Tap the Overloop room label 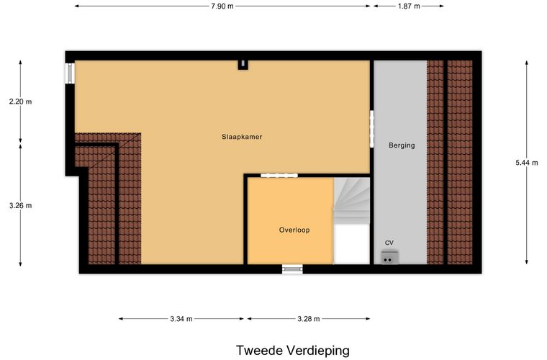(x=294, y=230)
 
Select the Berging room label (x=402, y=145)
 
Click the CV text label (x=389, y=243)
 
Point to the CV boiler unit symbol (x=389, y=257)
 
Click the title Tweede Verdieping (x=292, y=351)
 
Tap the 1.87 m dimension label (x=408, y=6)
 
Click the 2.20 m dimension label (x=20, y=102)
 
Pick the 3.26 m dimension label (x=20, y=205)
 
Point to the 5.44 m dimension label (x=526, y=163)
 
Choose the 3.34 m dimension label (x=182, y=319)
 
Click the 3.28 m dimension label (x=307, y=319)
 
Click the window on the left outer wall (x=71, y=73)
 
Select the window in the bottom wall (x=292, y=269)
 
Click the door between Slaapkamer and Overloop (x=279, y=175)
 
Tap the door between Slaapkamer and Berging (x=371, y=127)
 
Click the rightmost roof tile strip (x=460, y=162)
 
